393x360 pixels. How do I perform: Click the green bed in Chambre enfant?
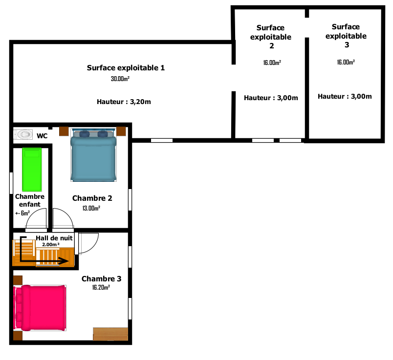[x=32, y=169]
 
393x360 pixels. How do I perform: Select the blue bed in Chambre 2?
[x=93, y=155]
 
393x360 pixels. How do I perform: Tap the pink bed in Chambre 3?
[x=40, y=308]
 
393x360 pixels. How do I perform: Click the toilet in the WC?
[x=23, y=134]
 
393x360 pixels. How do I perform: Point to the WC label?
[x=42, y=136]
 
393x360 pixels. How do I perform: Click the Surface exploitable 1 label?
[x=126, y=67]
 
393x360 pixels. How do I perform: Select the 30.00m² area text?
[x=120, y=79]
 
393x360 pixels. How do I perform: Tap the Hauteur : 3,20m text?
[x=124, y=102]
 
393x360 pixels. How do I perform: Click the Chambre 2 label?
[x=92, y=198]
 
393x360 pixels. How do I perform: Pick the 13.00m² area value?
[x=91, y=208]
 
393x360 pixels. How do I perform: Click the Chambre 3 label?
[x=102, y=278]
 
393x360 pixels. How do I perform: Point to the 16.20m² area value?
[x=101, y=287]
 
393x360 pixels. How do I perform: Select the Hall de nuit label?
[x=54, y=238]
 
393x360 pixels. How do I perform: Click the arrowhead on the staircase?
[x=64, y=261]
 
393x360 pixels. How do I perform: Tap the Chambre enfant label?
[x=30, y=200]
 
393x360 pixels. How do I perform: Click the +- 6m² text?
[x=22, y=213]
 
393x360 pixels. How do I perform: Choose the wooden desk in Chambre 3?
[x=110, y=334]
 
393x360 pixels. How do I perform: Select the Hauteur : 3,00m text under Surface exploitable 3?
[x=345, y=96]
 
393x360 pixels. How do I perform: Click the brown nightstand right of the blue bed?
[x=121, y=131]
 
